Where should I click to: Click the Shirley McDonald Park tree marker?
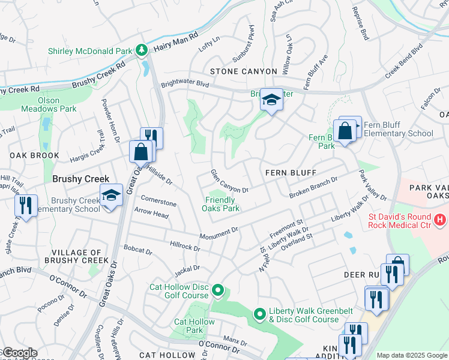click(142, 50)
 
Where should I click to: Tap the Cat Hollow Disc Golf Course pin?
click(218, 292)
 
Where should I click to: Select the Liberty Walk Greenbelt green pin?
click(259, 314)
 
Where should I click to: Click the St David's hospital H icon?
click(441, 220)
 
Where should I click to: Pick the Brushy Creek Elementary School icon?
click(110, 197)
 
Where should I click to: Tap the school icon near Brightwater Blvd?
click(271, 101)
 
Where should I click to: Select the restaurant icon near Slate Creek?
click(25, 205)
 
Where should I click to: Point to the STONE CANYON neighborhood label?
click(243, 71)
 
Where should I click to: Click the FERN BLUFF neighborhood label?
click(291, 173)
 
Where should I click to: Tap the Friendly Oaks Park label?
click(223, 204)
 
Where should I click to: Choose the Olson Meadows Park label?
click(49, 104)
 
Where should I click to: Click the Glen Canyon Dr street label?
click(229, 181)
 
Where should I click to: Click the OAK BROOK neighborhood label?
click(34, 155)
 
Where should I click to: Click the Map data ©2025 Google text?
click(411, 355)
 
